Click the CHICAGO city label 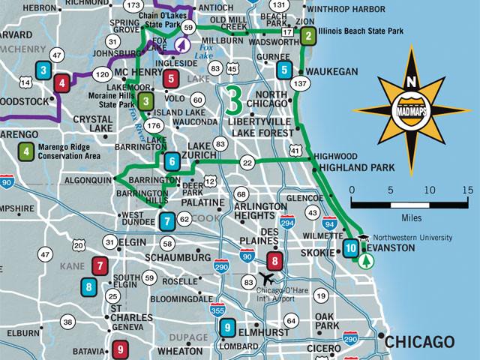[419, 342]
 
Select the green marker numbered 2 [308, 35]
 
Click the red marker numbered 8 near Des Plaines [275, 262]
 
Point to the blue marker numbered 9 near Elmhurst [226, 328]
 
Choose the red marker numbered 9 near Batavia [120, 349]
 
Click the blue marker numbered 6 [172, 160]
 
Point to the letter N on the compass [409, 82]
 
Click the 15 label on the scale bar [467, 190]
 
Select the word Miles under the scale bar [410, 217]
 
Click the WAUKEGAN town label [331, 71]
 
